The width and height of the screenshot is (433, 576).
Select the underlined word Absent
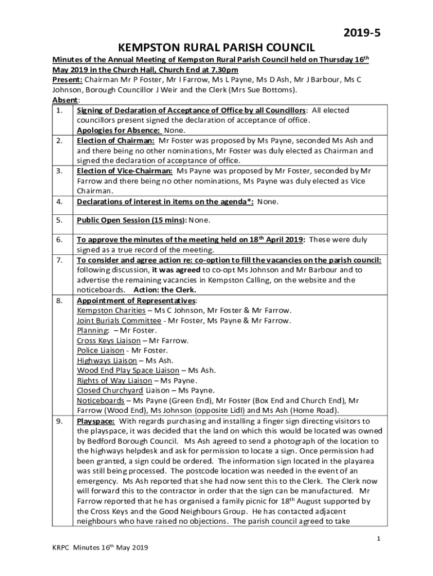pyautogui.click(x=62, y=100)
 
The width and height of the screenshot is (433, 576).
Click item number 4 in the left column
pyautogui.click(x=60, y=202)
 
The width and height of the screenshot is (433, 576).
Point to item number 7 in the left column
pyautogui.click(x=60, y=260)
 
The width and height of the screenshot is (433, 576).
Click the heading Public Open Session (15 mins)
pyautogui.click(x=131, y=220)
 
